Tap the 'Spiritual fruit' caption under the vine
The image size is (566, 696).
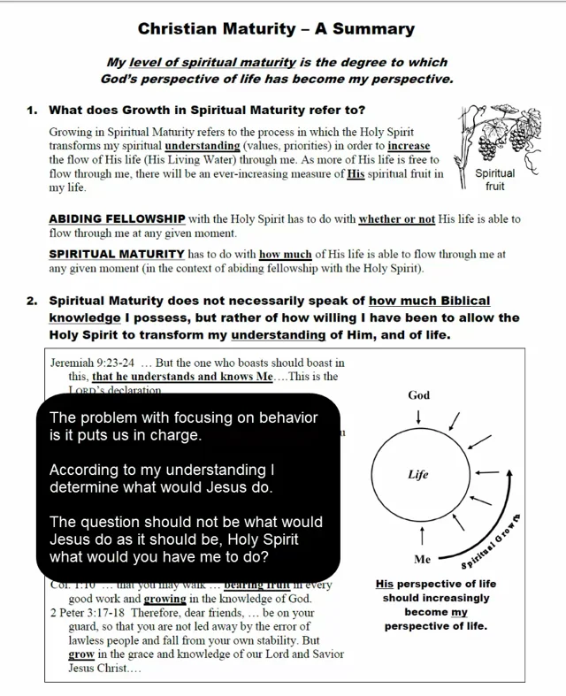pyautogui.click(x=495, y=180)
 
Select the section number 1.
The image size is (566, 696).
pyautogui.click(x=31, y=111)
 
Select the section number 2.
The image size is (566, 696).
pyautogui.click(x=31, y=301)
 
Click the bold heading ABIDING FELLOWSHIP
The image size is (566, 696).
pyautogui.click(x=117, y=219)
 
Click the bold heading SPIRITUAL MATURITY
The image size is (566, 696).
pyautogui.click(x=117, y=254)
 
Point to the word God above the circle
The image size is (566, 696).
pyautogui.click(x=418, y=395)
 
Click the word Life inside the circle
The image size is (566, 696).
pyautogui.click(x=418, y=475)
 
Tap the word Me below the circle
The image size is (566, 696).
pyautogui.click(x=422, y=559)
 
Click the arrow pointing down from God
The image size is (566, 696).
pyautogui.click(x=418, y=416)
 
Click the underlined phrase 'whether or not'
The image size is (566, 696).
pyautogui.click(x=397, y=219)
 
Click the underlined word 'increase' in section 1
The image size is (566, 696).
pyautogui.click(x=409, y=146)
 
